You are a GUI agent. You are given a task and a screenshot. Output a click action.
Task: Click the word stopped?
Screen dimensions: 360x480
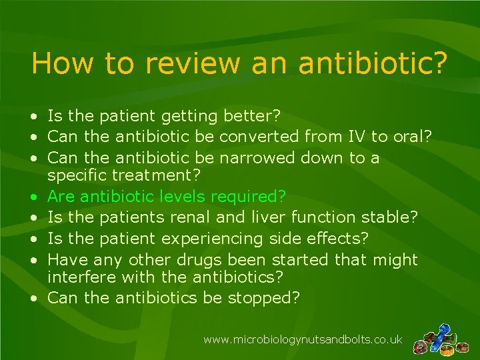pyautogui.click(x=264, y=298)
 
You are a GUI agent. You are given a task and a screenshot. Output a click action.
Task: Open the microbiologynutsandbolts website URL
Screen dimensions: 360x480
pyautogui.click(x=303, y=340)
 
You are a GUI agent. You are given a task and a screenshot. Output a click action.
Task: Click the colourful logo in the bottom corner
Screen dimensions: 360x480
pyautogui.click(x=441, y=340)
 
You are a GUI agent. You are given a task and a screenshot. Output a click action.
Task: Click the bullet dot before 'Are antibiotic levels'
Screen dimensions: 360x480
pyautogui.click(x=33, y=197)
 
